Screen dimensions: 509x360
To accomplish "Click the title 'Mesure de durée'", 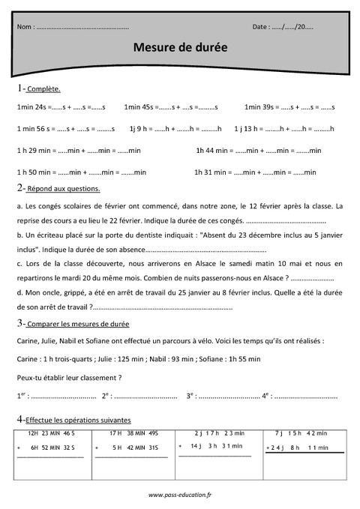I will click(179, 46).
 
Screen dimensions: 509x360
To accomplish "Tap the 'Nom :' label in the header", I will click(25, 27).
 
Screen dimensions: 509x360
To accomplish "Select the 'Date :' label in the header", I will click(261, 27).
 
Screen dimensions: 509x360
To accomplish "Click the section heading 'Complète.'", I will click(43, 89).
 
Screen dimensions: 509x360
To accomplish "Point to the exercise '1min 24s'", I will click(30, 108).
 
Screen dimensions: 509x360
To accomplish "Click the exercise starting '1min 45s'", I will click(139, 108).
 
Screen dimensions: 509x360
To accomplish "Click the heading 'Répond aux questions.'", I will click(63, 189).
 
